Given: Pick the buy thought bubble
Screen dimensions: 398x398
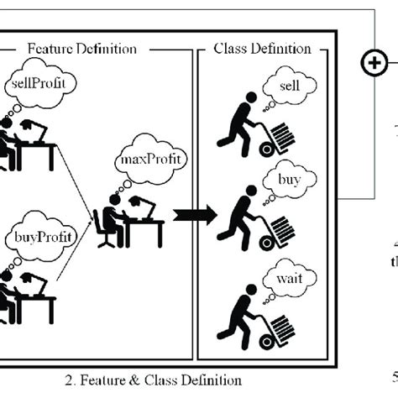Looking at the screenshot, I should [288, 181].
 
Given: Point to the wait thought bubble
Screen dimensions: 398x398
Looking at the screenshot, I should [288, 277].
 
